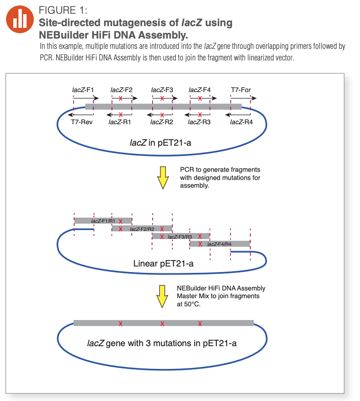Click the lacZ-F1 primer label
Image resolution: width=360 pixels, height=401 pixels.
tap(83, 90)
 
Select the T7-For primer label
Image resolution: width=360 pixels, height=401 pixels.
tap(241, 90)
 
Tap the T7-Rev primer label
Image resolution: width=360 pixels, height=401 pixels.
tap(82, 122)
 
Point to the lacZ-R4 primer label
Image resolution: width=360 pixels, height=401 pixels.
tap(241, 122)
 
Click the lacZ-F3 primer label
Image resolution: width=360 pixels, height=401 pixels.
tap(162, 90)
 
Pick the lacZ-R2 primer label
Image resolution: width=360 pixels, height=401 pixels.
tap(162, 122)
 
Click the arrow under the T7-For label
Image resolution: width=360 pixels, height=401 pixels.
tap(243, 98)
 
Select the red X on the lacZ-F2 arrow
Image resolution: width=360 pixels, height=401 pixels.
tap(121, 98)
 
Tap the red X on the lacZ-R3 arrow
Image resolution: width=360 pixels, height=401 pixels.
tap(200, 115)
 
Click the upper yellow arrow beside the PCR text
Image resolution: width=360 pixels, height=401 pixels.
tap(163, 177)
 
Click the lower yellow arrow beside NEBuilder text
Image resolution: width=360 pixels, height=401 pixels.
tap(162, 296)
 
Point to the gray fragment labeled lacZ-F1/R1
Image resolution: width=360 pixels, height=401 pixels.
tap(103, 221)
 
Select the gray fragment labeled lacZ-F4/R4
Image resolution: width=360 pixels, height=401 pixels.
tap(219, 244)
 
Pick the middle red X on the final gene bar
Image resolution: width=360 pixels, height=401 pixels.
tap(162, 323)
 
